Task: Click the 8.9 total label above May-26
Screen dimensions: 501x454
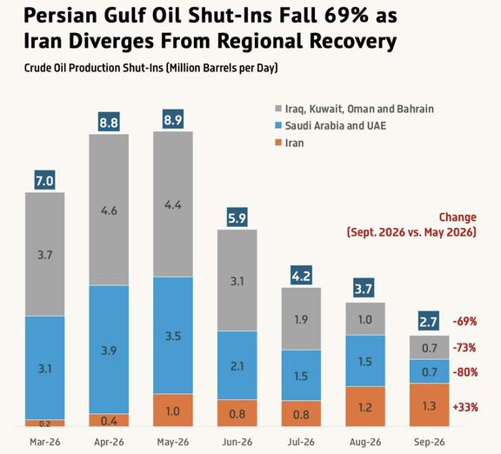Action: click(x=173, y=119)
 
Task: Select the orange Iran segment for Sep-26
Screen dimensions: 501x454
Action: click(x=429, y=404)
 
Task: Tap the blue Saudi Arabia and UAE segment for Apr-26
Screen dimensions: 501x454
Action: click(x=109, y=350)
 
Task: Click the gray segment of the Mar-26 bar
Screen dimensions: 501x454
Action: click(x=44, y=254)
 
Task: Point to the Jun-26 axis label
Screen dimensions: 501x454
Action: click(x=237, y=442)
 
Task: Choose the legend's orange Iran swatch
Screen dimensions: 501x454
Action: click(x=278, y=143)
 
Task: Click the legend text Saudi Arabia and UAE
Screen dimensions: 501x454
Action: click(x=336, y=125)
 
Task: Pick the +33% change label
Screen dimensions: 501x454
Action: click(x=465, y=407)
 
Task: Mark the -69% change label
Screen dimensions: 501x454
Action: click(x=464, y=321)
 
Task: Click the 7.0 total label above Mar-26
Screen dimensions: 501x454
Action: click(x=44, y=181)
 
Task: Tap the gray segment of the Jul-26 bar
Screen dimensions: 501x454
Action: click(x=301, y=318)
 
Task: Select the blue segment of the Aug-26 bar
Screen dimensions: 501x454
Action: click(x=365, y=361)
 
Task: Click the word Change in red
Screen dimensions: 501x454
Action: click(x=458, y=217)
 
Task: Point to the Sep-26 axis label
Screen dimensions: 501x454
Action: click(x=429, y=442)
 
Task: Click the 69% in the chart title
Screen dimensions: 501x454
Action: click(x=346, y=16)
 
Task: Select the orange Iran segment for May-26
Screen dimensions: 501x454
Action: click(x=173, y=410)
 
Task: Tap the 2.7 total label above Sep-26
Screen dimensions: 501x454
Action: click(x=429, y=321)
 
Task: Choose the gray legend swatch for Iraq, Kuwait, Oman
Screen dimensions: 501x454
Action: click(x=278, y=109)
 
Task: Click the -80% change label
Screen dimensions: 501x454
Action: click(x=465, y=372)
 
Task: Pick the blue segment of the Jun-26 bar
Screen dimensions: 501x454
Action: click(x=237, y=365)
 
